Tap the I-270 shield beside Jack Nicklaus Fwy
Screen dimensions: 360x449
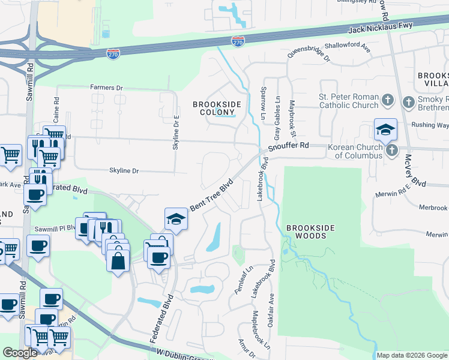click(238, 41)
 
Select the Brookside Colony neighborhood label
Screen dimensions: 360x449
click(217, 108)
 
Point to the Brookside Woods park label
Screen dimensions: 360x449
click(306, 232)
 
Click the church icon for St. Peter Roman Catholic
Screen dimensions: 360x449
click(388, 100)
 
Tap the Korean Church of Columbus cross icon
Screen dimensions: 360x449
click(392, 150)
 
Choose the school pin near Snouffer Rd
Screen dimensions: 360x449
click(385, 129)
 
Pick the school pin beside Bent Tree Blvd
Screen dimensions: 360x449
click(176, 219)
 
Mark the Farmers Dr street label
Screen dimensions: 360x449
click(106, 88)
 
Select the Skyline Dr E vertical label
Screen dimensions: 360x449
click(176, 133)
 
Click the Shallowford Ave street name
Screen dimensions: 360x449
click(348, 46)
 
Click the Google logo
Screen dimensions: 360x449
click(20, 353)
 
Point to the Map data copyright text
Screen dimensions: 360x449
click(412, 355)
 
